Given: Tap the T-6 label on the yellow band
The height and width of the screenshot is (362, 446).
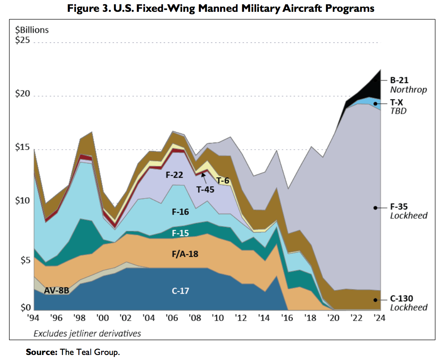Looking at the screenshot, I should point(223,181).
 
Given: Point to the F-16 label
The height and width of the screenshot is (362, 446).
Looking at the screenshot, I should point(180,212).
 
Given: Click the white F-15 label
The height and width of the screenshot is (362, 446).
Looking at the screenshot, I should point(180,233).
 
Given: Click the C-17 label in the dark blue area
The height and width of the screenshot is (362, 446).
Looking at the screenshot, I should point(180,291).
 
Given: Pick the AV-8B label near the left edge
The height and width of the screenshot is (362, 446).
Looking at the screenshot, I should point(56,290).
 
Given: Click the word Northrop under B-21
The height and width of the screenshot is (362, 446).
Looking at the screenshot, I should point(408,90).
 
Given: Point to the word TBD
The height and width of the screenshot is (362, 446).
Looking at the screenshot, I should point(398,111).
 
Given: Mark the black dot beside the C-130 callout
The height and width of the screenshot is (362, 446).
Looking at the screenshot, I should point(375,300).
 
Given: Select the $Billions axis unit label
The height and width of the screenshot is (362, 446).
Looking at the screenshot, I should point(32,30).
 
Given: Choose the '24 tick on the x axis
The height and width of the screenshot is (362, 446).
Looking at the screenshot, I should point(378,318).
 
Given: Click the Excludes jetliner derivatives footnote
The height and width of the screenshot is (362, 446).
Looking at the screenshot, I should point(87,334).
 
